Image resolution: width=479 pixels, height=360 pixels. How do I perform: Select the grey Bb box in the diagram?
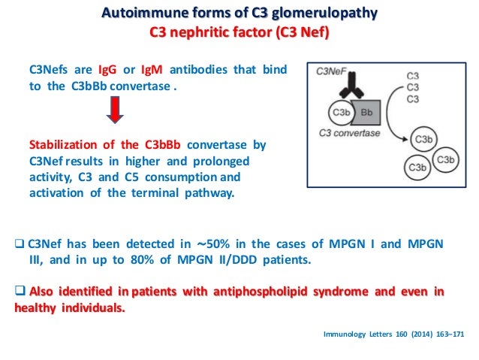(367, 113)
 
